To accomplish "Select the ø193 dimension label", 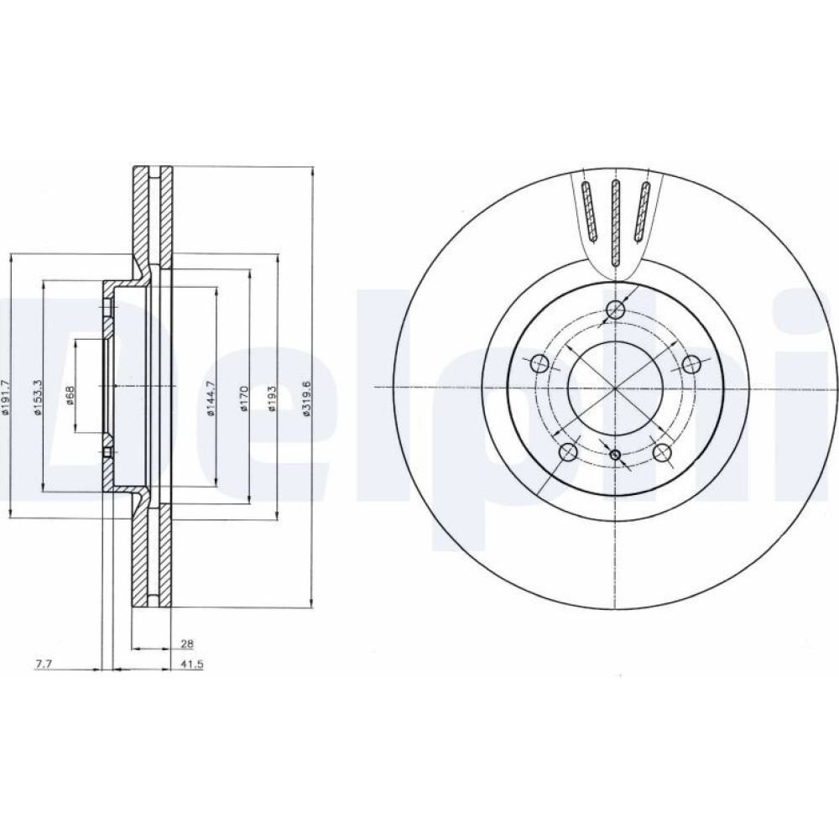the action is tap(271, 399).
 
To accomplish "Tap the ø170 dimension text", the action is tap(243, 399).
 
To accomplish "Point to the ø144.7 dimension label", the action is tap(211, 399).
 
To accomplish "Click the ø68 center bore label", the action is tap(70, 395).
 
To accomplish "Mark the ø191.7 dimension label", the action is tap(5, 397).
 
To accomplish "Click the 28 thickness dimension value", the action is tap(187, 644).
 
